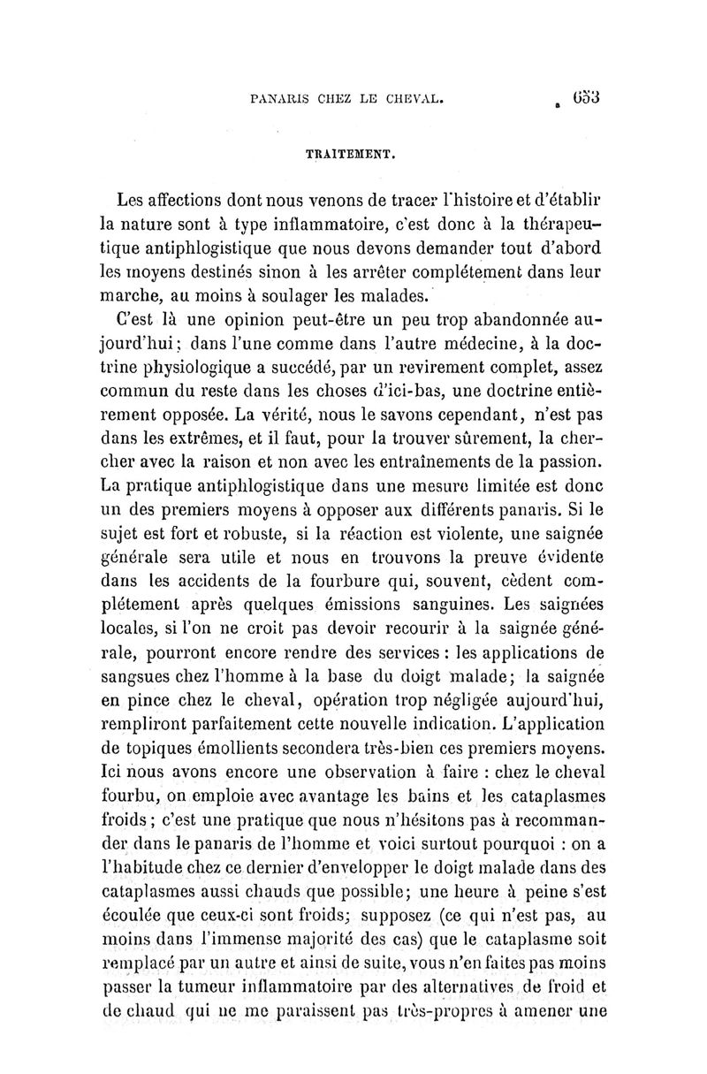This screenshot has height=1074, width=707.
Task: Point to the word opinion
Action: [x=250, y=319]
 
